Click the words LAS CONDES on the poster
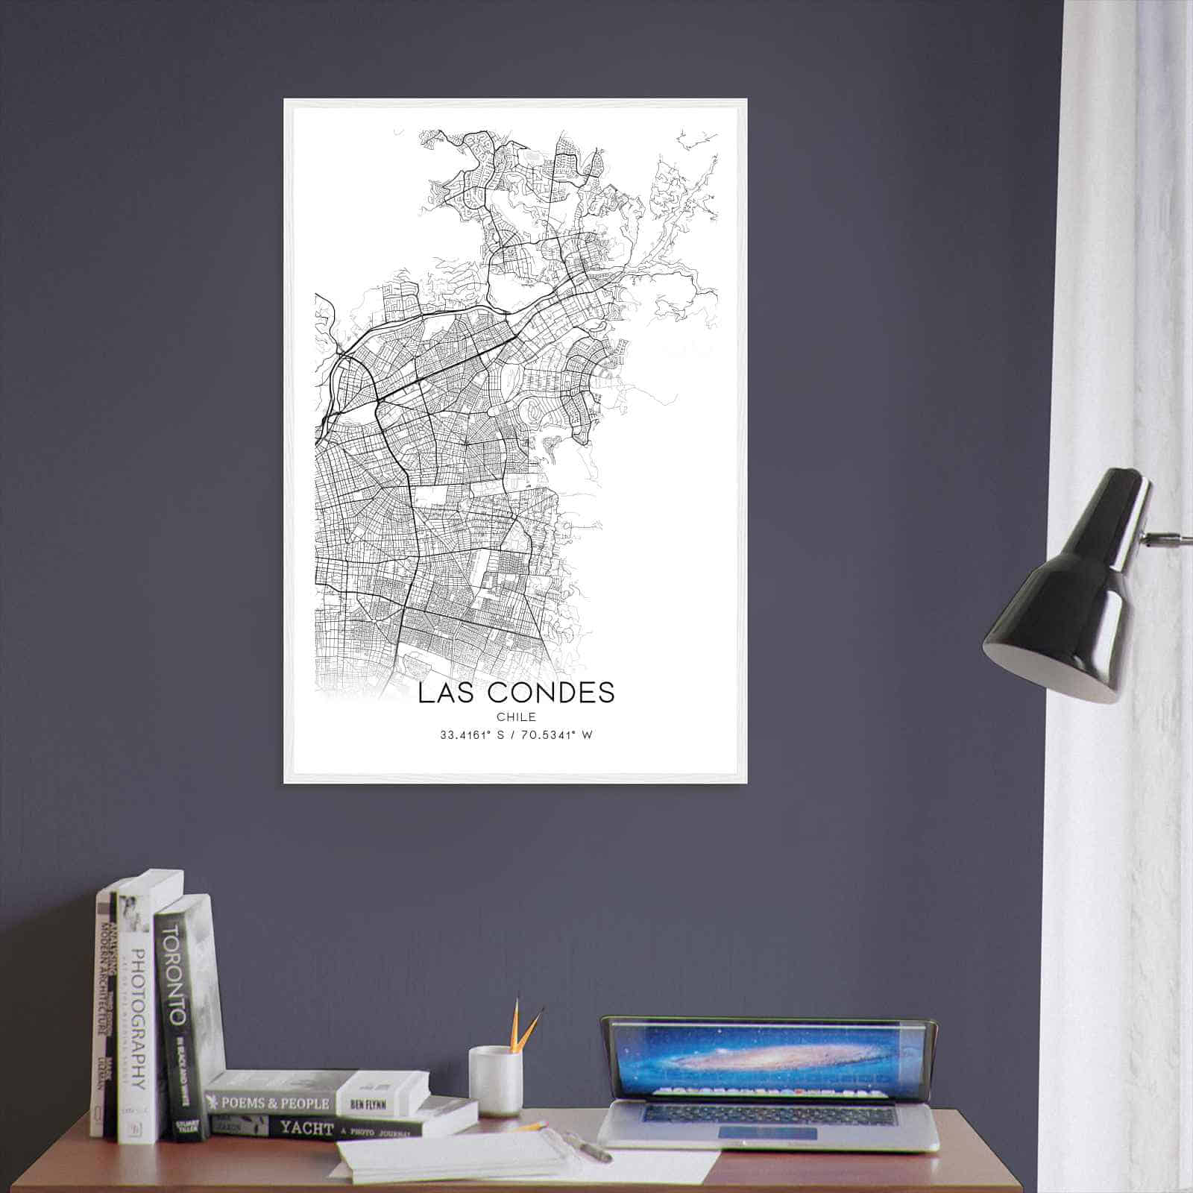coord(516,693)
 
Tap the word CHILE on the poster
coord(516,717)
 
